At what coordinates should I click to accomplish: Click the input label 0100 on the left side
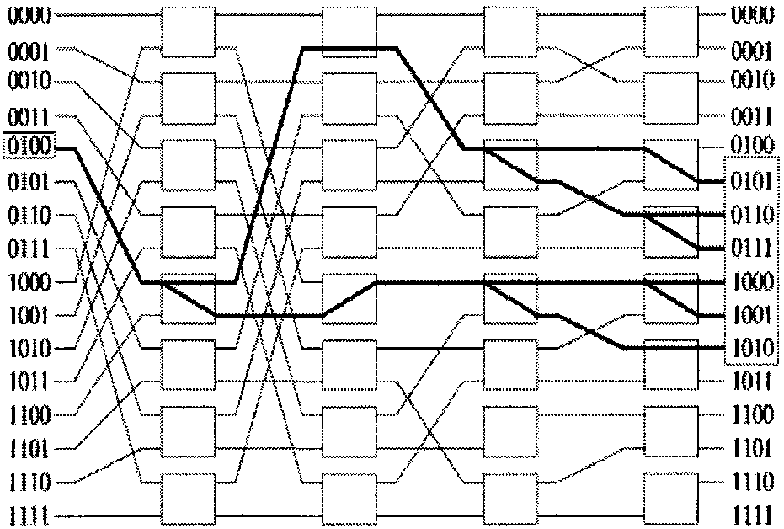click(x=29, y=148)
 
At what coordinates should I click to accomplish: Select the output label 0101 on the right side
click(x=752, y=181)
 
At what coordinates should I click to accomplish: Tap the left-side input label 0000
click(x=29, y=15)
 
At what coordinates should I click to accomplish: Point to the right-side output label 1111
click(x=752, y=513)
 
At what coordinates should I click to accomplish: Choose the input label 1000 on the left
click(x=29, y=282)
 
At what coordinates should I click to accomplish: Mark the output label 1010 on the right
click(x=752, y=348)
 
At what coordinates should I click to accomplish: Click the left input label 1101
click(x=29, y=448)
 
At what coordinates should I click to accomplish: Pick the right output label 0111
click(x=752, y=248)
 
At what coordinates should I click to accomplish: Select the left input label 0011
click(x=29, y=115)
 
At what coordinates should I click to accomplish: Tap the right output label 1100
click(x=752, y=414)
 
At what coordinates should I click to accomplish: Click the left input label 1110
click(x=29, y=483)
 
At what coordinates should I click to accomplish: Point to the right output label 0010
click(x=752, y=82)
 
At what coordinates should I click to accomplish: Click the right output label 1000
click(x=752, y=282)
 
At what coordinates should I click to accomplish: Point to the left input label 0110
click(x=29, y=216)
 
